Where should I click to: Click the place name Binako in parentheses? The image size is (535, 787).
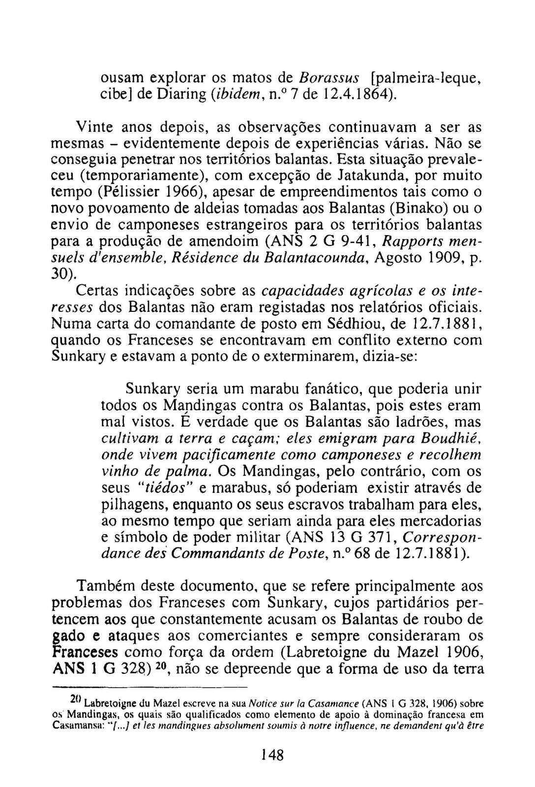click(x=422, y=209)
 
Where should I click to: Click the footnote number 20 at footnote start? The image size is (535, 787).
click(x=75, y=699)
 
